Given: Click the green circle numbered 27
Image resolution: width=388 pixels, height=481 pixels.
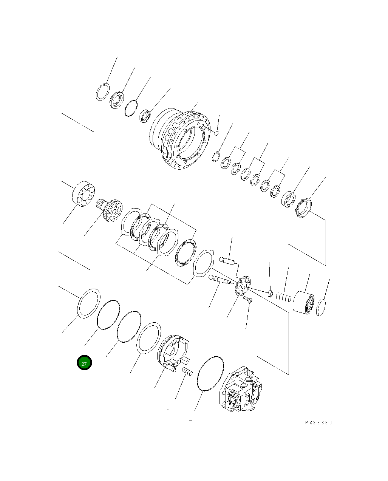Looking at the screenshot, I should [84, 363].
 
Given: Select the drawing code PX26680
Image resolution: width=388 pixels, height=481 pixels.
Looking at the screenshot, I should [318, 423].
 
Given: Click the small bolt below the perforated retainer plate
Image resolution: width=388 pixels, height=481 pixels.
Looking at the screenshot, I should [249, 299].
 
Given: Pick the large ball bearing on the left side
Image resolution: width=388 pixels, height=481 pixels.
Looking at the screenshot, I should [83, 194].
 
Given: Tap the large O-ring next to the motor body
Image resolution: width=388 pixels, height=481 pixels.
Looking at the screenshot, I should [210, 373].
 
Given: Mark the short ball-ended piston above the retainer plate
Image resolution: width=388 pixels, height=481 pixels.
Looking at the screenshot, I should [227, 260].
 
